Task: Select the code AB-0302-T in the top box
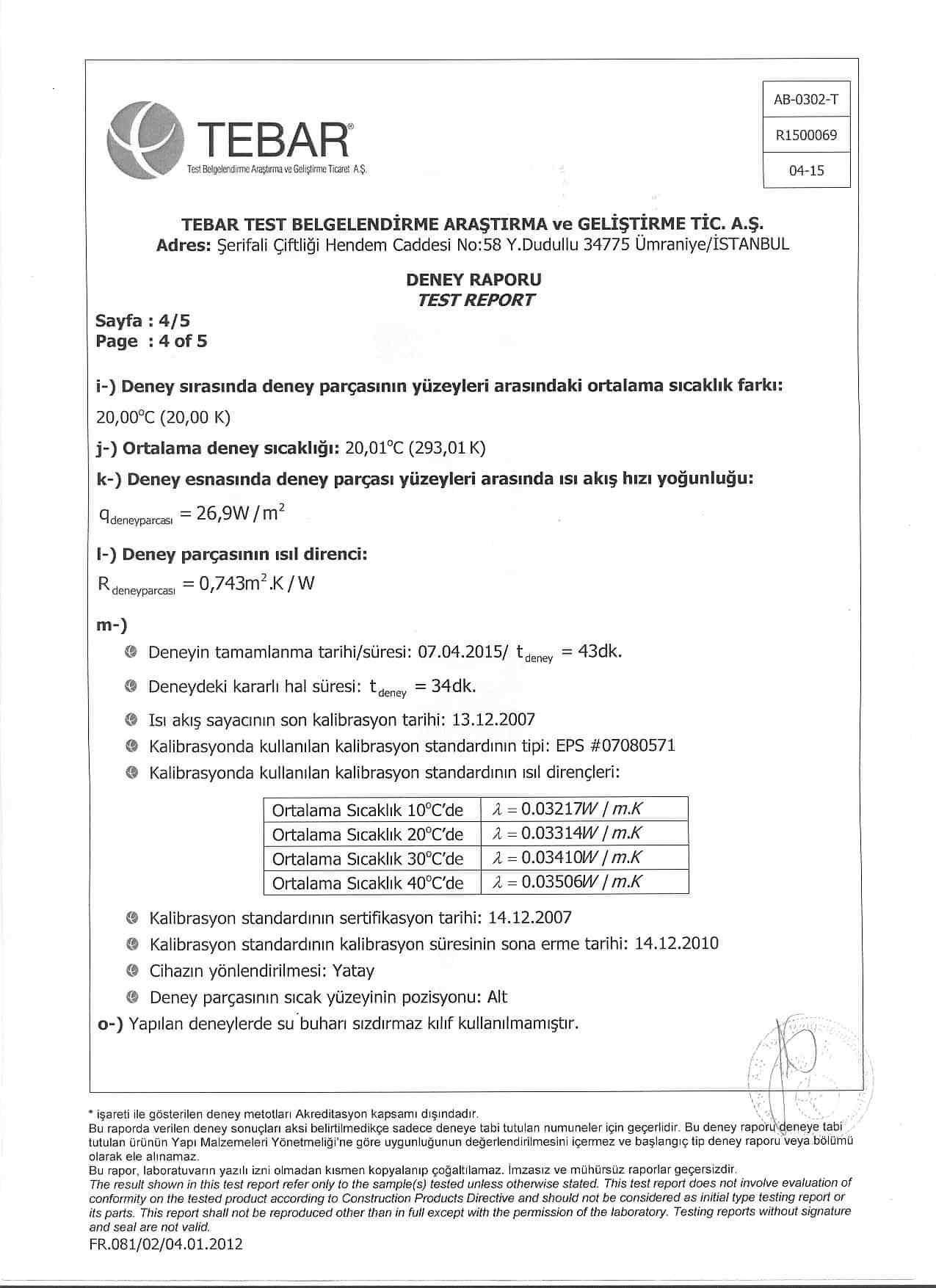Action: pyautogui.click(x=806, y=100)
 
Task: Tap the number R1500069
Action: pyautogui.click(x=806, y=135)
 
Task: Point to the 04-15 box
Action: pyautogui.click(x=806, y=170)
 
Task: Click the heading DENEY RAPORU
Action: pyautogui.click(x=474, y=280)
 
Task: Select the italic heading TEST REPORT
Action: pyautogui.click(x=475, y=299)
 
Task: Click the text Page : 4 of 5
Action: pyautogui.click(x=151, y=341)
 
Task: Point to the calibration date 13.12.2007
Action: pyautogui.click(x=494, y=719)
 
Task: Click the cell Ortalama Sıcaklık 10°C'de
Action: pyautogui.click(x=368, y=810)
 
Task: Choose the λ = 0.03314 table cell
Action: pyautogui.click(x=584, y=834)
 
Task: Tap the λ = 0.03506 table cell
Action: pyautogui.click(x=584, y=881)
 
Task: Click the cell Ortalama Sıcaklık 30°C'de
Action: pyautogui.click(x=368, y=858)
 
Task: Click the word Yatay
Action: pyautogui.click(x=353, y=971)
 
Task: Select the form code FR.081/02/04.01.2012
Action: pyautogui.click(x=166, y=1244)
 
